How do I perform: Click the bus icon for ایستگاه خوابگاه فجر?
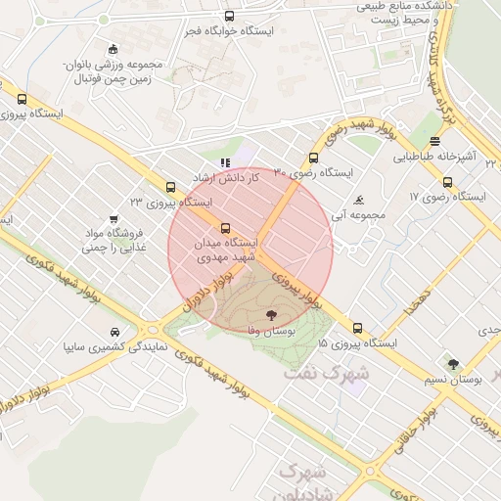(x=229, y=16)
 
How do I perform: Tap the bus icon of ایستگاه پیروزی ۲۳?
(x=171, y=187)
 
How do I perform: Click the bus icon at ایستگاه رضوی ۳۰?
(x=313, y=158)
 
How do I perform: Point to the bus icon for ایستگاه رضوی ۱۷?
(x=447, y=181)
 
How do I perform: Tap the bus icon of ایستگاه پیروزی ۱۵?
(x=357, y=329)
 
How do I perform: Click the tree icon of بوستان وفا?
(x=271, y=315)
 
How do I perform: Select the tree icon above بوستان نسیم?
(x=451, y=364)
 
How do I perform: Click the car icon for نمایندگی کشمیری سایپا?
(x=116, y=331)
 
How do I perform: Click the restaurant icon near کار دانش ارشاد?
(x=225, y=163)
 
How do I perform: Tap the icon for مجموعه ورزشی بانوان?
(x=114, y=50)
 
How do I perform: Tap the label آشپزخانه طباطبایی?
(x=434, y=156)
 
